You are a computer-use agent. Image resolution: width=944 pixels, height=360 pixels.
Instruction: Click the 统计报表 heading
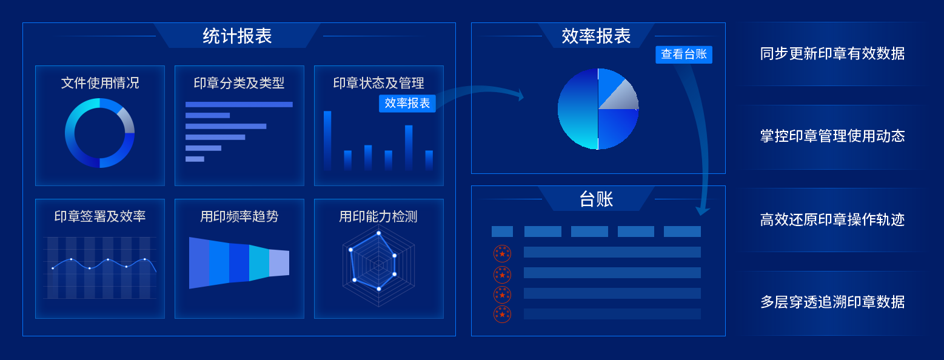point(237,36)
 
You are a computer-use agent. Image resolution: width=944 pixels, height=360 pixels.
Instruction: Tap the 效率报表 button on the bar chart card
point(407,104)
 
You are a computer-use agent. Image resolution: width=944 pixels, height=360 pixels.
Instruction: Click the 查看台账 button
point(684,55)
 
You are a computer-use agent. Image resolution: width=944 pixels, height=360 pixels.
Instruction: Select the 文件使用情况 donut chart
point(99,133)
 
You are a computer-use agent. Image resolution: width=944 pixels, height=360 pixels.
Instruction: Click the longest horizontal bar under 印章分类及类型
point(239,104)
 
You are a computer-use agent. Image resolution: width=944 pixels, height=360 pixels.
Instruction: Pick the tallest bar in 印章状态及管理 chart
point(327,139)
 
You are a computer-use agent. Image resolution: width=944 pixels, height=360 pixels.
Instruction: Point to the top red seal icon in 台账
point(502,253)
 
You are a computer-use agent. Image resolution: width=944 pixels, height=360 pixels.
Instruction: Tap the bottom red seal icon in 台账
point(502,314)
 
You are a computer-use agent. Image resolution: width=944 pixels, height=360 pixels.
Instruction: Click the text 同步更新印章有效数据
point(832,54)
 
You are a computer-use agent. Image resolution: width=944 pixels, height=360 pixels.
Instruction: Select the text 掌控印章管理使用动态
point(832,136)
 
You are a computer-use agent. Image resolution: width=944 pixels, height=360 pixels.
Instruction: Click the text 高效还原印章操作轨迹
point(832,219)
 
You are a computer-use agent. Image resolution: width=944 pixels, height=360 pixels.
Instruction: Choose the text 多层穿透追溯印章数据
point(832,302)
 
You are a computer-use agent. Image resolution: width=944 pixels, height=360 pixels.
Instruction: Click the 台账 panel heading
point(597,199)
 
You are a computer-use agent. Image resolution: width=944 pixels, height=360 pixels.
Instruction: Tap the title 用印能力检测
point(378,216)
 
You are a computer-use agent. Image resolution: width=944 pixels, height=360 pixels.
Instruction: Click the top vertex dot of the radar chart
point(379,233)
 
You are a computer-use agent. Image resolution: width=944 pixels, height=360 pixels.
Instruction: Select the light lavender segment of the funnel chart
point(279,262)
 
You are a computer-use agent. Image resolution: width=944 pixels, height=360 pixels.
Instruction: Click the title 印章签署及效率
point(100,216)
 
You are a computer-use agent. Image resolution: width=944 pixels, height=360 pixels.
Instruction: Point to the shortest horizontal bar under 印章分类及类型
point(195,159)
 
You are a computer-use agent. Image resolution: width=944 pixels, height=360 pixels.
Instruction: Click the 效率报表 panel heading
point(597,36)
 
